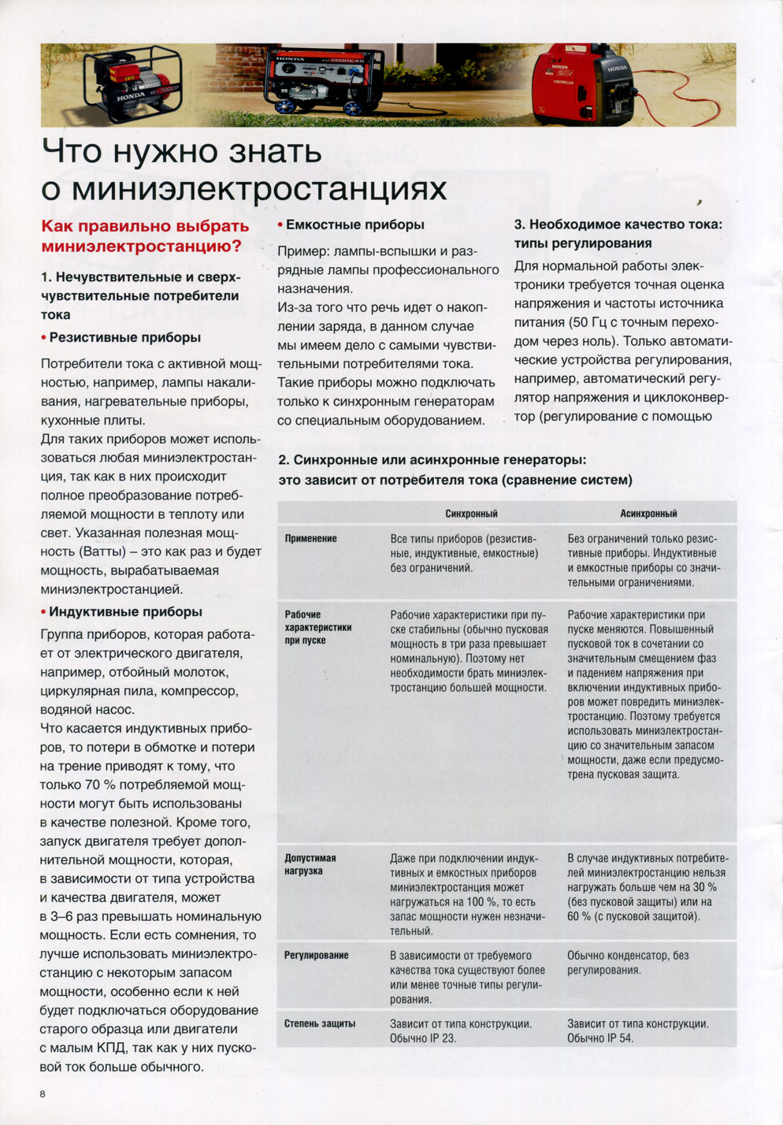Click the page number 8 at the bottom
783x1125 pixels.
point(43,1093)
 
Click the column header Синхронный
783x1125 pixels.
point(471,514)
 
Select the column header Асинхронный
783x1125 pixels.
point(648,514)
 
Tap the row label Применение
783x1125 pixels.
point(310,539)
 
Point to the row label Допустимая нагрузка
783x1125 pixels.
point(310,864)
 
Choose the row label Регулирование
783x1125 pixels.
point(316,956)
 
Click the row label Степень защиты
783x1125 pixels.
point(319,1023)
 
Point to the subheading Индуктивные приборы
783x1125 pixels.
point(125,612)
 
